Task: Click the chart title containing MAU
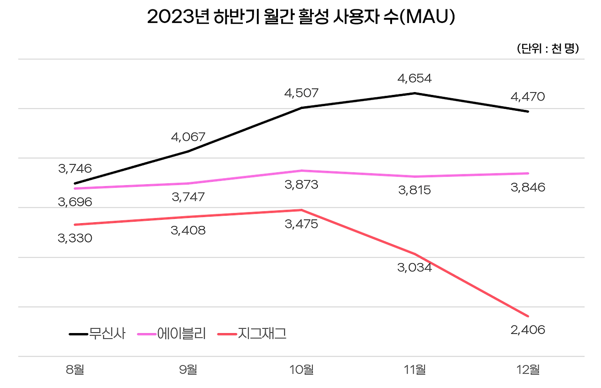(300, 17)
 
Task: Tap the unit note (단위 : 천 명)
(547, 49)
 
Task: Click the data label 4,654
(414, 78)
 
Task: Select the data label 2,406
(528, 330)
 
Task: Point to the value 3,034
(414, 268)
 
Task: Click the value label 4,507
(301, 93)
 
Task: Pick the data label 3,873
(301, 185)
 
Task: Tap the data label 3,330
(75, 238)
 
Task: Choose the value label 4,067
(188, 137)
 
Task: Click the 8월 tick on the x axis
(75, 370)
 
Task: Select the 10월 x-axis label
(301, 370)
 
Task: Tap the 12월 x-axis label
(528, 370)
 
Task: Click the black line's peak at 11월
(415, 93)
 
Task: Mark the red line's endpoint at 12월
(528, 316)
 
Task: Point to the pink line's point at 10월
(301, 171)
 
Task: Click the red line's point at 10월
(301, 210)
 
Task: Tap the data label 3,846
(528, 187)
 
